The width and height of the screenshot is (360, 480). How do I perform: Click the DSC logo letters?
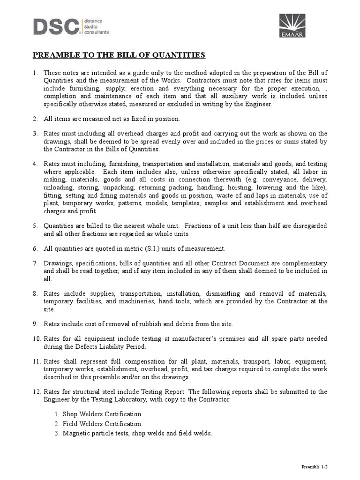[x=56, y=26]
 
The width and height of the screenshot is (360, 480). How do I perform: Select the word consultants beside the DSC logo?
[x=96, y=32]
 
